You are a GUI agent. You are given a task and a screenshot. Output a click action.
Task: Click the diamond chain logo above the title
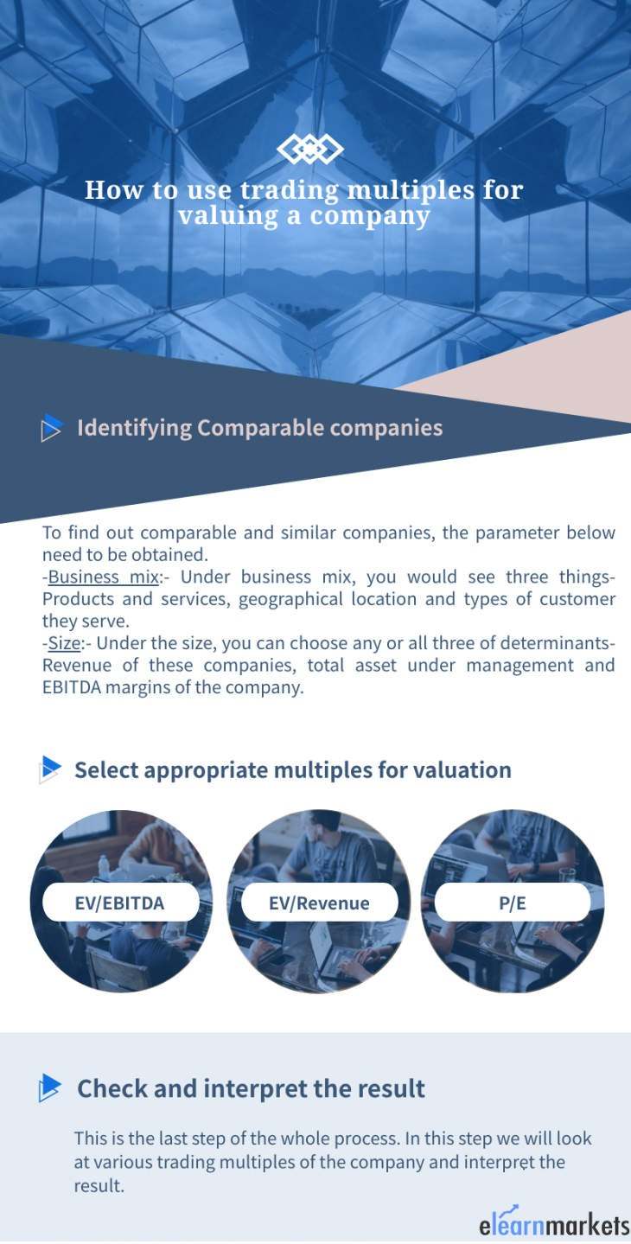tap(310, 150)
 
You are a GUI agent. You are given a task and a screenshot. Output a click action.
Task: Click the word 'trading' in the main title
tap(289, 190)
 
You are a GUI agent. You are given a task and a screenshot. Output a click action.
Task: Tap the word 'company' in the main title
tap(370, 217)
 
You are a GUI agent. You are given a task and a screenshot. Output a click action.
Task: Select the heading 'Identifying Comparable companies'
tap(260, 428)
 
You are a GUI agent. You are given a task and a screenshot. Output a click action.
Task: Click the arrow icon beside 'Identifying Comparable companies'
tap(51, 428)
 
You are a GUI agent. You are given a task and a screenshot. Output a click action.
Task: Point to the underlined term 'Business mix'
tap(104, 577)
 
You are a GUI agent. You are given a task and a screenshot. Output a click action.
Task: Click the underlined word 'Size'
tap(65, 643)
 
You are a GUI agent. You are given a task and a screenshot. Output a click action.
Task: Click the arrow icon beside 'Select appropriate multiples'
tap(50, 769)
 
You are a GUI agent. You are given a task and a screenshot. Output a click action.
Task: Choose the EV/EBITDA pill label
tap(120, 902)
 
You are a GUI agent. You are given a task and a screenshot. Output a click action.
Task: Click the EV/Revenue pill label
tap(319, 902)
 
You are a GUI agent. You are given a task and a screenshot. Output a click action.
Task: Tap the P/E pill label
tap(512, 902)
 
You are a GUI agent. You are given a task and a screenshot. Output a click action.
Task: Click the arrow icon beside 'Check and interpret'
tap(50, 1088)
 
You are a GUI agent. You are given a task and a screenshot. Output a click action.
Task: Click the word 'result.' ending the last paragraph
tap(99, 1186)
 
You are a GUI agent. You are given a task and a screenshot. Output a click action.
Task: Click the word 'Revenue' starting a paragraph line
tap(77, 666)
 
